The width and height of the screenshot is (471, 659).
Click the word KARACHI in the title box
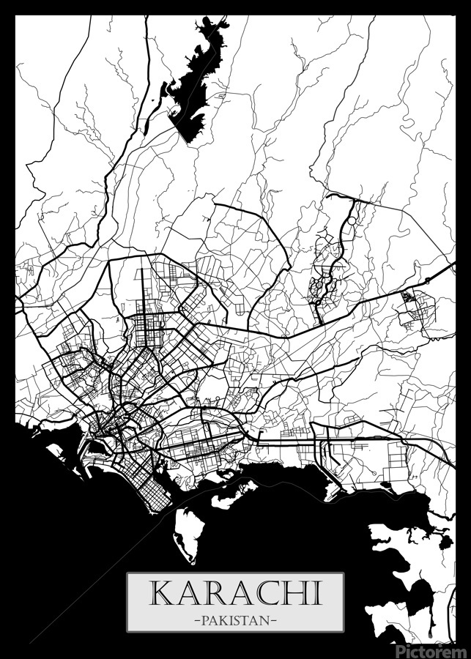[x=235, y=592]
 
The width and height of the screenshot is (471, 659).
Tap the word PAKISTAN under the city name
[x=235, y=621]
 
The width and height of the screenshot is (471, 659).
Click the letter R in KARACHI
[x=212, y=592]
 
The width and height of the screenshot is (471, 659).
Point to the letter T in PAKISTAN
[x=246, y=621]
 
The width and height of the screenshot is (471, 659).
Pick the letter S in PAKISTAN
[x=237, y=621]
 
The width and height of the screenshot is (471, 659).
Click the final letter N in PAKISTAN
[x=265, y=621]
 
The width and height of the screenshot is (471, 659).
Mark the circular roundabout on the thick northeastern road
[x=351, y=220]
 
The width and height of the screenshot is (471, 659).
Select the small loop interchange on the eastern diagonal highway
[x=426, y=280]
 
